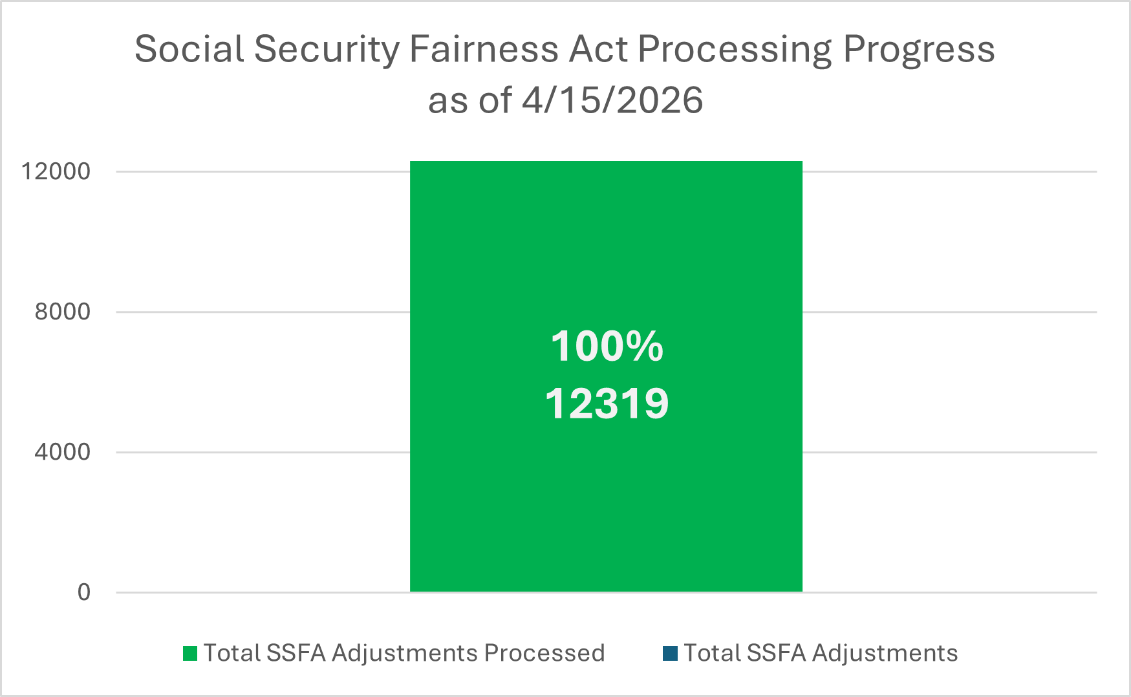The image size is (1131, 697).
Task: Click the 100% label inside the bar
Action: (x=607, y=347)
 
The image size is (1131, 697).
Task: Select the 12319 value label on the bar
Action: (x=607, y=404)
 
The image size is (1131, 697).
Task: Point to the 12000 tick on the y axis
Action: (x=56, y=171)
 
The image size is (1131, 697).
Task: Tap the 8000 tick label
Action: (x=62, y=312)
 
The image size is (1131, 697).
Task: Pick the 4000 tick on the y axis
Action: (x=62, y=452)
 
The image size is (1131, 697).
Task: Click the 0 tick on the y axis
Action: (x=84, y=592)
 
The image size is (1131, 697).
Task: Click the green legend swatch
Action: (x=190, y=654)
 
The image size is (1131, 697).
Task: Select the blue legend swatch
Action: (x=670, y=654)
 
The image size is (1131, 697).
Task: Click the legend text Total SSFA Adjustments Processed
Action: (x=404, y=654)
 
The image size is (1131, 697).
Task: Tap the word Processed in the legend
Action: (x=544, y=654)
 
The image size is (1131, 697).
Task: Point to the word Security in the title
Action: (x=327, y=50)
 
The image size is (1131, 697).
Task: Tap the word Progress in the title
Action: (x=919, y=50)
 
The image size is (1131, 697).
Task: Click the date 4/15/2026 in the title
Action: (x=612, y=101)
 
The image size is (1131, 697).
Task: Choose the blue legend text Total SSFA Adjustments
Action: (x=821, y=654)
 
